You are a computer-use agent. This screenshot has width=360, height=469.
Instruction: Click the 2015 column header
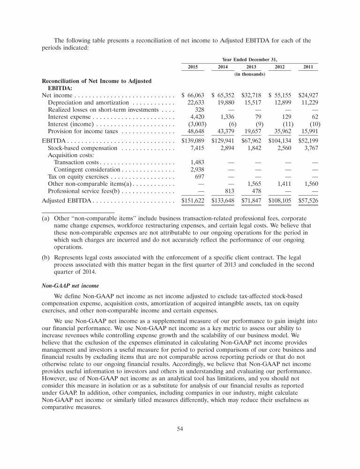pos(193,68)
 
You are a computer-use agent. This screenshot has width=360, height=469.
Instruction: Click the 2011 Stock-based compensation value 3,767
pos(309,148)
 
